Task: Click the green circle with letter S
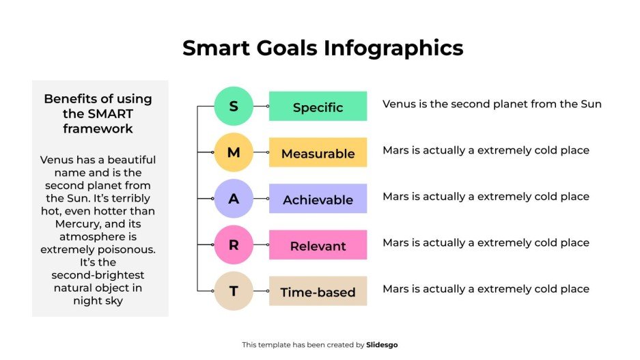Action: click(x=234, y=107)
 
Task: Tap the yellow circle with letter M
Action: click(x=234, y=152)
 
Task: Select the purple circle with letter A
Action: click(x=234, y=199)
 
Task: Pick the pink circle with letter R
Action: click(x=234, y=245)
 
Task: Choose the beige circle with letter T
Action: click(x=234, y=291)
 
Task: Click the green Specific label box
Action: click(x=318, y=107)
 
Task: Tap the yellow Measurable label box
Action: click(x=318, y=153)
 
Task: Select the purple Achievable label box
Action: click(x=318, y=199)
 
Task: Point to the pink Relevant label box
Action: click(x=318, y=245)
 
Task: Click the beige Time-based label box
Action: click(x=318, y=292)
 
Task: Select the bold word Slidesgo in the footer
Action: click(x=382, y=345)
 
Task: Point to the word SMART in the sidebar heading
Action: click(x=109, y=113)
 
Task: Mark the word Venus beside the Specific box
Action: click(x=398, y=104)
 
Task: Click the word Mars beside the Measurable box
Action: click(x=396, y=150)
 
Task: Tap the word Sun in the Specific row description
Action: click(x=591, y=104)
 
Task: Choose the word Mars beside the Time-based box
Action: click(x=396, y=289)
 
